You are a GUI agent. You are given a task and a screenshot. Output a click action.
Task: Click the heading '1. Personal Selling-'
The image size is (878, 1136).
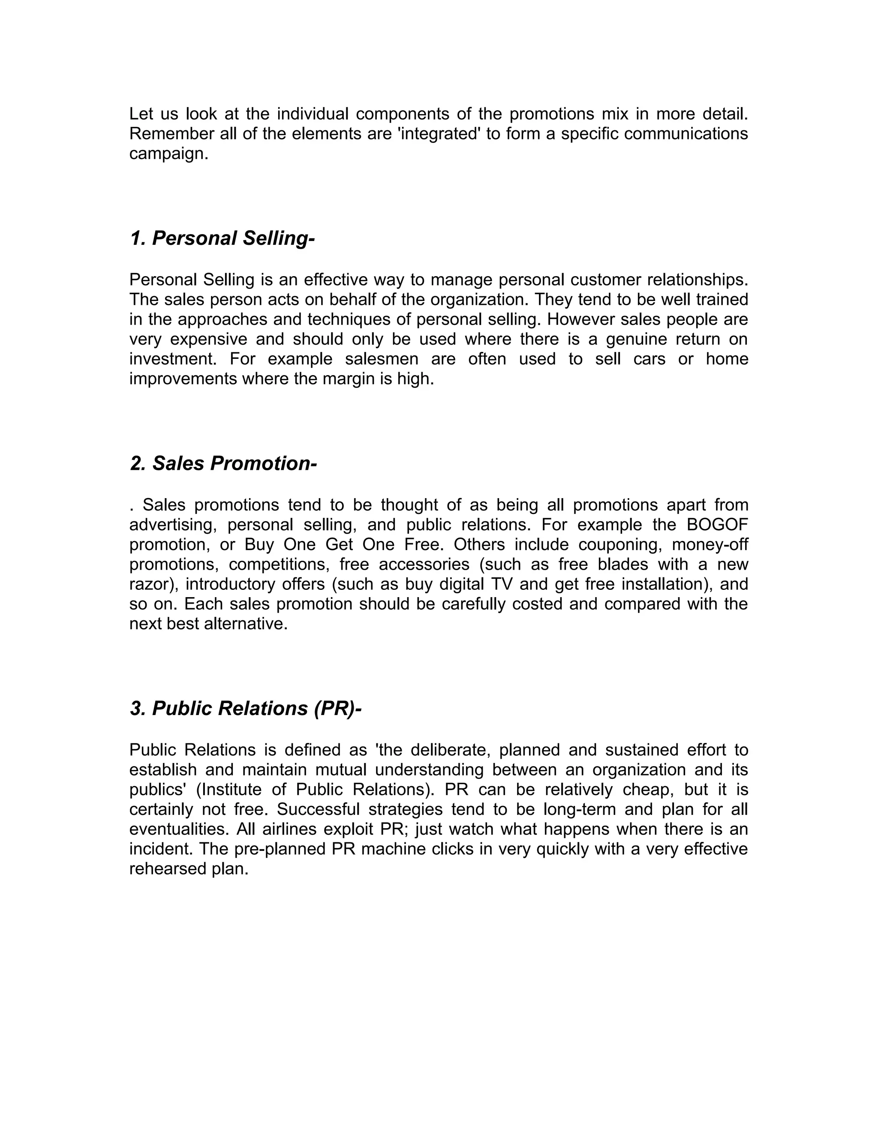pos(222,238)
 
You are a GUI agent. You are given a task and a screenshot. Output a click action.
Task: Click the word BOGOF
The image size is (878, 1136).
pos(717,524)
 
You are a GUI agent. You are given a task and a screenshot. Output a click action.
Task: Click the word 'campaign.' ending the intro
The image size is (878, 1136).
pos(168,153)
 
